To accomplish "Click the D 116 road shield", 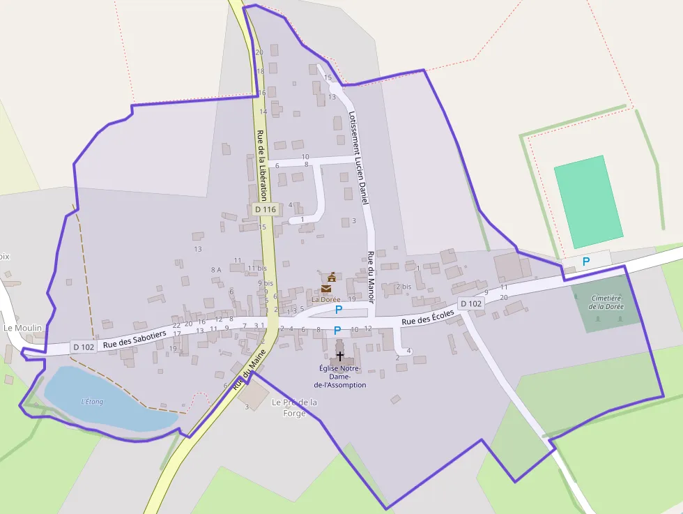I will pos(266,209).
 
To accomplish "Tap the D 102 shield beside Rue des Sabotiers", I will pos(83,347).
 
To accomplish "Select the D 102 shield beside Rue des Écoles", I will pos(471,304).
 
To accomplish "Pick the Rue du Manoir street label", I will pos(371,277).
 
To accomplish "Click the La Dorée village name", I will pos(325,299).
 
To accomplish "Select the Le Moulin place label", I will pos(23,328).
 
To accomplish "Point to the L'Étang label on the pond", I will pos(92,401).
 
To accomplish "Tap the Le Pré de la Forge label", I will pos(295,407).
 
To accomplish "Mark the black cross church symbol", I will pos(340,356).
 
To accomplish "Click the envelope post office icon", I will pos(327,289).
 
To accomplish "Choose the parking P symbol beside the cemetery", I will pos(586,261).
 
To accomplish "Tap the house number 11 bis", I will pos(257,268).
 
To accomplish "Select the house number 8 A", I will pos(215,269).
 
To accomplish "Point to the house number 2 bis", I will pos(404,287).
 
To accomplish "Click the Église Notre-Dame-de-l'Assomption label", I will pos(340,377).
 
